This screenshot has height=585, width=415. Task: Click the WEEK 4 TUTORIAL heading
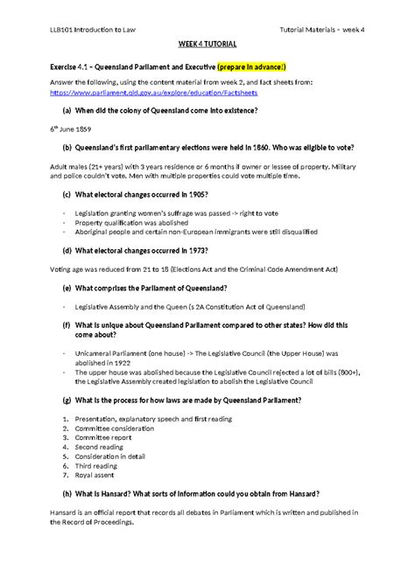[x=207, y=43]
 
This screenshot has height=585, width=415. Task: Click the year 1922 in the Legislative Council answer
[x=117, y=362]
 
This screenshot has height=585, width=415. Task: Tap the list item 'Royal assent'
[x=95, y=476]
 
